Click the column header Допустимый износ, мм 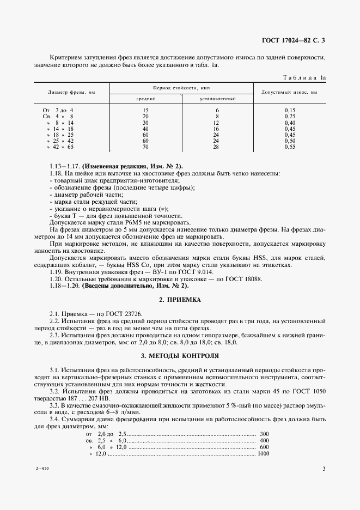(290, 93)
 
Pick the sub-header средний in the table (145, 99)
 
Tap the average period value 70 (145, 147)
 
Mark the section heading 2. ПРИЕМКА (180, 300)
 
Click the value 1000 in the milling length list (264, 454)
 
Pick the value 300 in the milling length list (265, 433)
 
